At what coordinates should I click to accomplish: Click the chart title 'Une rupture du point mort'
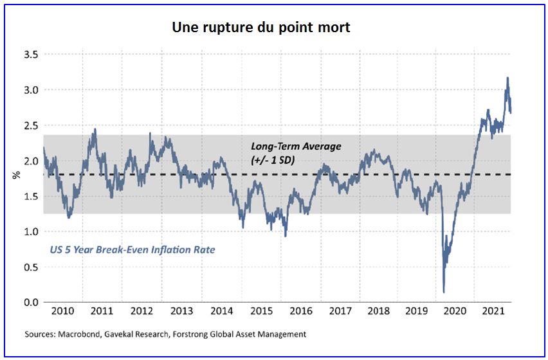[x=261, y=28]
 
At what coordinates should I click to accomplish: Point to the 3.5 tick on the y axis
[x=30, y=55]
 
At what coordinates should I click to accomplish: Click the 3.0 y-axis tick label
[x=30, y=91]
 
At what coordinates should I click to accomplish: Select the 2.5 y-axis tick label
[x=30, y=126]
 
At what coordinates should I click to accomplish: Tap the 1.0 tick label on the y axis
[x=30, y=231]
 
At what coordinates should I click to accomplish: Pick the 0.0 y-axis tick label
[x=30, y=302]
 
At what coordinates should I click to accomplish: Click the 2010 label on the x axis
[x=62, y=312]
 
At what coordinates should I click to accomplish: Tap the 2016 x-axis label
[x=300, y=312]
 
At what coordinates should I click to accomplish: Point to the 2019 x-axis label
[x=419, y=312]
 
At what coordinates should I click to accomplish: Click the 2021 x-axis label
[x=495, y=312]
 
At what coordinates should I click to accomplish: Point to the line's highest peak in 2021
[x=507, y=78]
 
